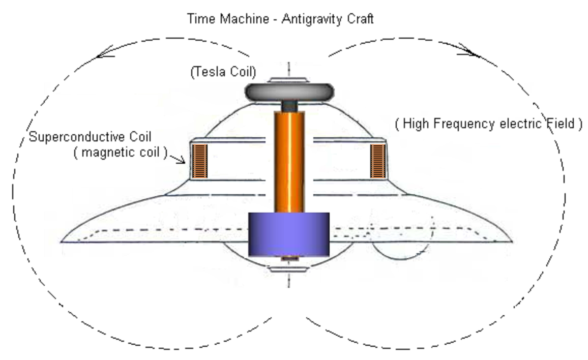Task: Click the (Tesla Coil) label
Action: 223,72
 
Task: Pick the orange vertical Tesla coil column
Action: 289,162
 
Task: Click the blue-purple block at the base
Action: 289,234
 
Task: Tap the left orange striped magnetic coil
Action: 199,161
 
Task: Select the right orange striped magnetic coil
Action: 377,161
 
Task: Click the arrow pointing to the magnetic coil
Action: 177,158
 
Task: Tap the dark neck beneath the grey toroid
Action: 289,106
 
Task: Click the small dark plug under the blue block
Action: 290,258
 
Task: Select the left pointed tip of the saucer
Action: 61,242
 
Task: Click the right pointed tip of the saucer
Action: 512,241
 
